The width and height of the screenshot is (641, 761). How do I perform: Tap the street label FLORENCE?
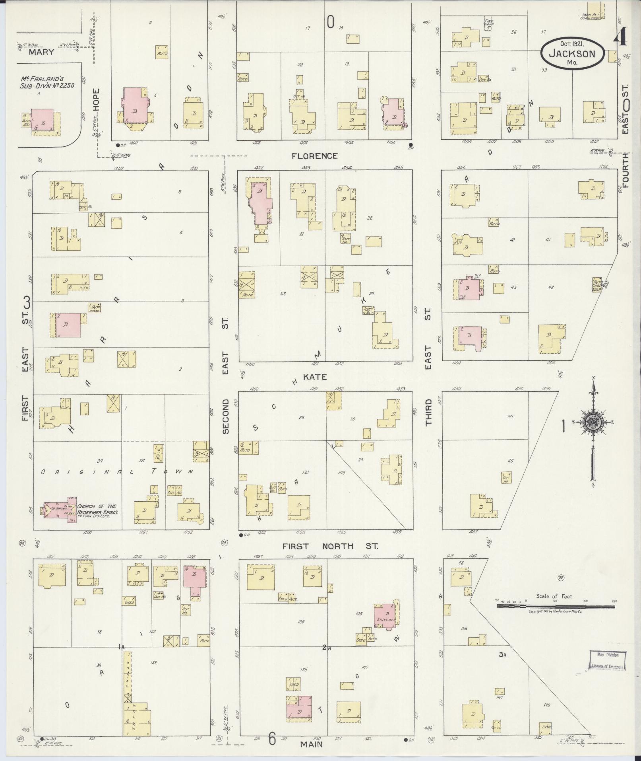[x=314, y=156]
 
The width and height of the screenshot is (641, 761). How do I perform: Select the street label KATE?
[x=315, y=377]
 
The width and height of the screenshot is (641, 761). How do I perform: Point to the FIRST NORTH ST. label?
[x=330, y=546]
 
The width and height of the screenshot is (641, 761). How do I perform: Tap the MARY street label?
[x=41, y=52]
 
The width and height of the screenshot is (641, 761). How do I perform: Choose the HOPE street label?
[x=95, y=99]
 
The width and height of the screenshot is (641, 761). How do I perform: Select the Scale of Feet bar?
[x=556, y=617]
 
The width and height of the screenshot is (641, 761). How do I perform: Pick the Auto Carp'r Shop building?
[x=597, y=284]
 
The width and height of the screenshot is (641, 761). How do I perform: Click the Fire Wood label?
[x=488, y=23]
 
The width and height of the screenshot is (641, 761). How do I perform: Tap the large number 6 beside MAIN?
[x=272, y=739]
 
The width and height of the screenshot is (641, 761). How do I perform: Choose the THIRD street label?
[x=428, y=411]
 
